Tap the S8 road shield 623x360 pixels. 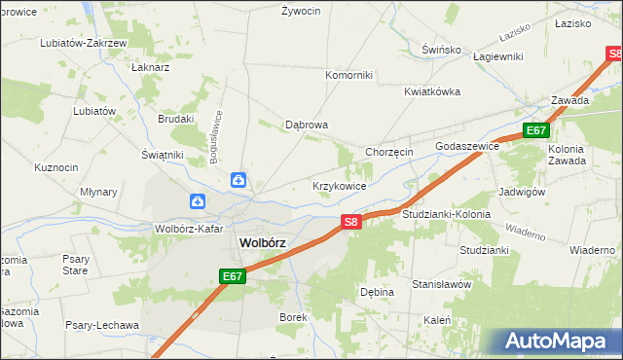tap(353, 223)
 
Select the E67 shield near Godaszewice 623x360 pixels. tap(535, 130)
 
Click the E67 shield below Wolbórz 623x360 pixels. tap(232, 277)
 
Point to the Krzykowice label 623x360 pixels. tap(339, 185)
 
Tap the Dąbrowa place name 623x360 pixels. tap(306, 125)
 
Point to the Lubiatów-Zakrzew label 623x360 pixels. tap(84, 44)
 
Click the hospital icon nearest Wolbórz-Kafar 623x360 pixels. tap(198, 202)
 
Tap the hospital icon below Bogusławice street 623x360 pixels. tap(238, 180)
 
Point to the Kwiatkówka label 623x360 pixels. tap(432, 91)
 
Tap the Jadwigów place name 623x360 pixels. tap(521, 192)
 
